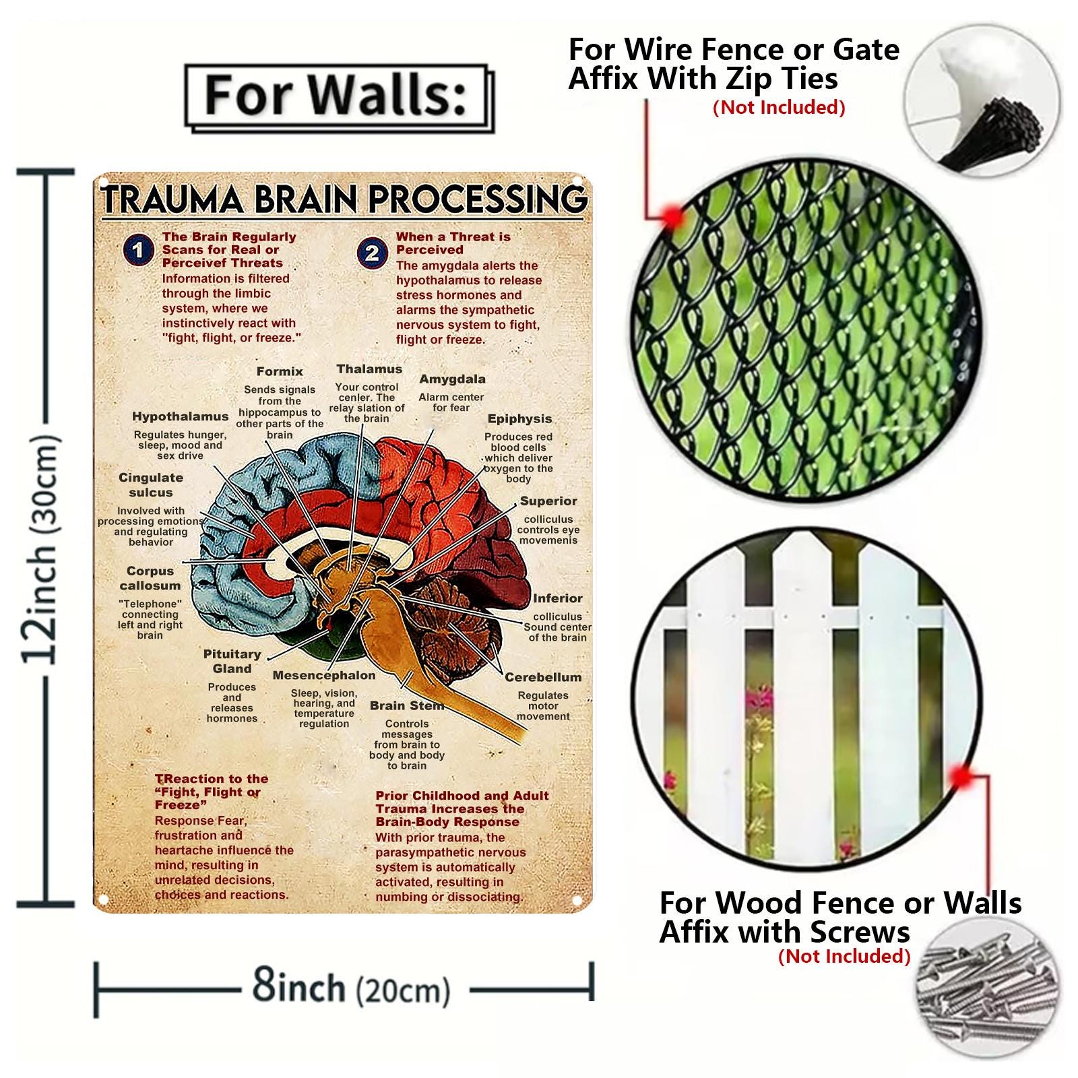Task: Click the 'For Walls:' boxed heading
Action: [336, 96]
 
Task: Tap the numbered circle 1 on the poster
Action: [137, 250]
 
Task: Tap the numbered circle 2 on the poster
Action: [372, 253]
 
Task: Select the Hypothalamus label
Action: [180, 416]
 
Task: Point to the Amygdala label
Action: [452, 379]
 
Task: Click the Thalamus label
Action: [369, 369]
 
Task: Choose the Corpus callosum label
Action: [150, 578]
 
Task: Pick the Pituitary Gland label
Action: [232, 661]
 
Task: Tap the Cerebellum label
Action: [543, 677]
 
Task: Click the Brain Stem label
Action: [406, 705]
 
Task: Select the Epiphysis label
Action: [519, 418]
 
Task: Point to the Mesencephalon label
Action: [324, 675]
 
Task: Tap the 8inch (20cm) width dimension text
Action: [350, 988]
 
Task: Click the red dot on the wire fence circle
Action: [672, 216]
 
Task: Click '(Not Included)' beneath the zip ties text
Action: [779, 107]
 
